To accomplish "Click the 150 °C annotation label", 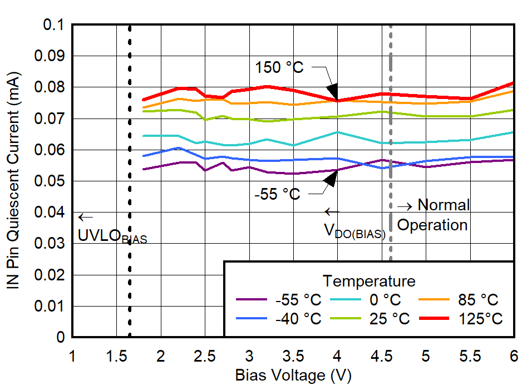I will coord(279,67).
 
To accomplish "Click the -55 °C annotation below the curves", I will coord(277,194).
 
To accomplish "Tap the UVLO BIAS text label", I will coord(112,236).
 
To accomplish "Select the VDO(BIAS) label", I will coord(354,231).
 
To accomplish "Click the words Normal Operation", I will coord(433,215).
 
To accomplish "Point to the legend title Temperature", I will coord(369,280).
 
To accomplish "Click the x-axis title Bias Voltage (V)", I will coord(293,376).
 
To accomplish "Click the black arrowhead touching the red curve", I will coord(332,91).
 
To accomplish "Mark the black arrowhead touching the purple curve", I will coord(332,179).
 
